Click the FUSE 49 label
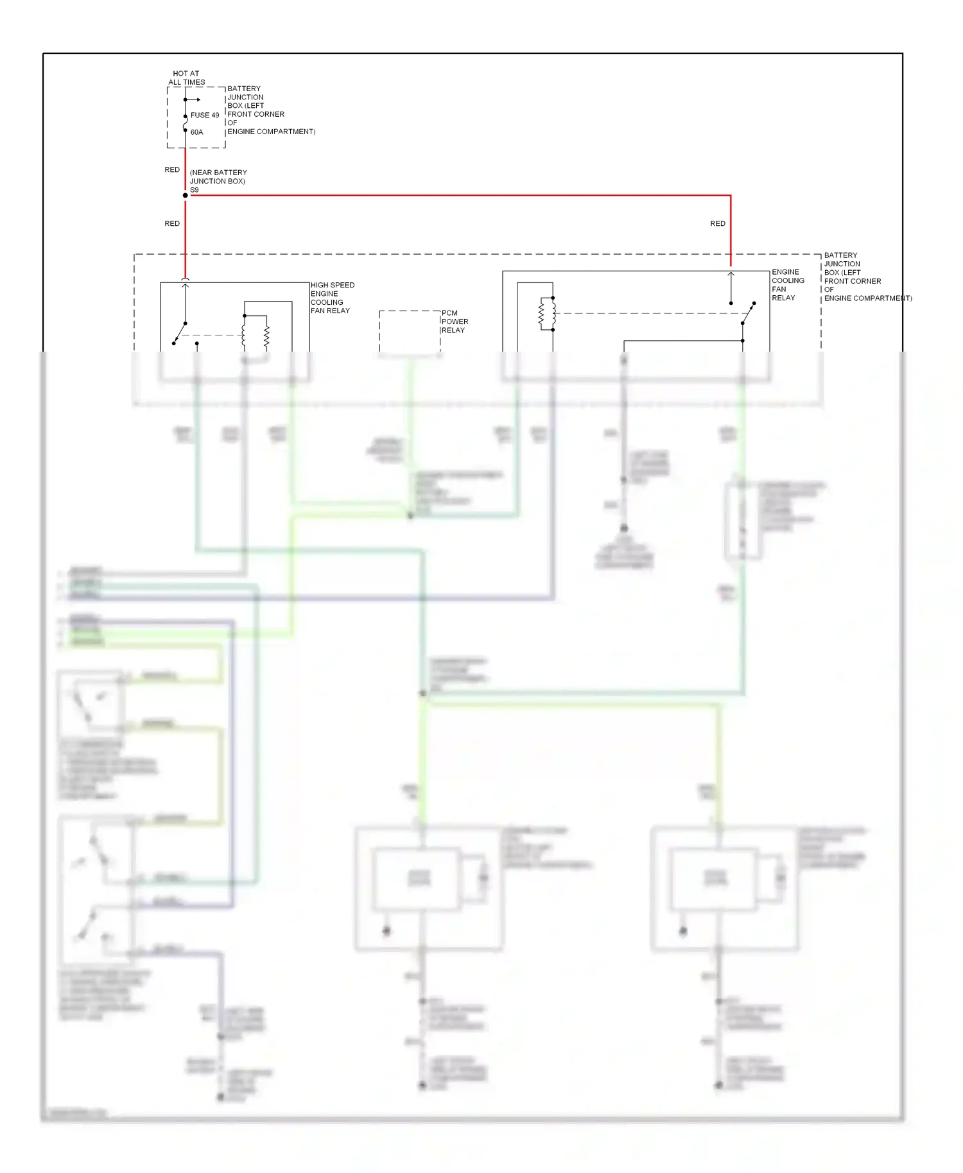point(204,116)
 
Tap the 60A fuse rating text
point(196,132)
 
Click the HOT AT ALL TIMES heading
point(186,78)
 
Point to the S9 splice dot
point(186,195)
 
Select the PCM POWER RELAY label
point(455,321)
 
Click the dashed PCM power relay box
point(409,332)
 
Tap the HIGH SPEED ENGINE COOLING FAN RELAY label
point(332,298)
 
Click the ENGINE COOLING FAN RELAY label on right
point(788,285)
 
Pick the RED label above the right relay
point(717,223)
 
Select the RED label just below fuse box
point(172,170)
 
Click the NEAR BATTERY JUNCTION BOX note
point(218,177)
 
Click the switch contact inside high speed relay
point(180,334)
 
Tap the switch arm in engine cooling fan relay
point(748,313)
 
